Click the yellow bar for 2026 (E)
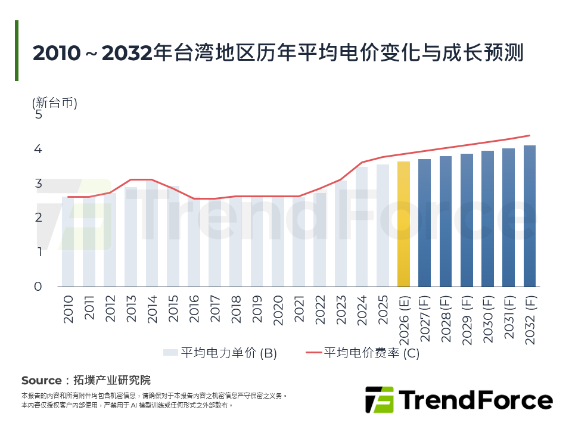[x=403, y=224]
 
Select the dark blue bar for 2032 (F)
[x=529, y=216]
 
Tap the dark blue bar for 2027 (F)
[x=424, y=223]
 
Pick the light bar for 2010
[x=68, y=241]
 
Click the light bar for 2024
[x=362, y=226]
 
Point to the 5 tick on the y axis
[x=39, y=114]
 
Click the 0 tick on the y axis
[x=39, y=286]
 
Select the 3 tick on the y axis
[x=39, y=183]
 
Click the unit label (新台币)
[x=55, y=102]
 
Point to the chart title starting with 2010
[x=278, y=52]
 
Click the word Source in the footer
[x=41, y=380]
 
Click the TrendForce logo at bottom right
[x=458, y=400]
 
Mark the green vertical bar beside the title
[x=17, y=51]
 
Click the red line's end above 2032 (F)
[x=529, y=135]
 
